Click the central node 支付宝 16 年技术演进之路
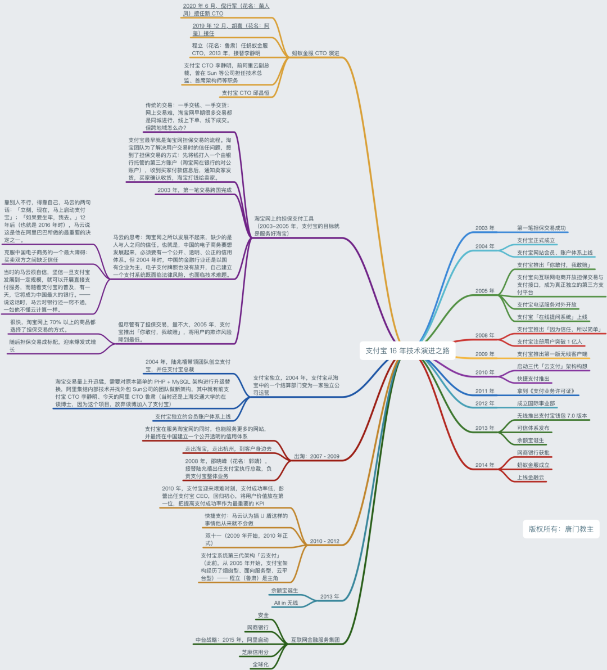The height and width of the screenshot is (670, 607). coord(407,350)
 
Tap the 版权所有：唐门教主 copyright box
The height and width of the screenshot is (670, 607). coord(561,529)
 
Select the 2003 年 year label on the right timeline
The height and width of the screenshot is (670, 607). coord(485,228)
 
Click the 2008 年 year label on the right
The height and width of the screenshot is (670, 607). coord(485,335)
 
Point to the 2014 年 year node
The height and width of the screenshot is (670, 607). coord(485,465)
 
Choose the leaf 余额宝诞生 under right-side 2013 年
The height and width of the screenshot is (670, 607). coord(531,440)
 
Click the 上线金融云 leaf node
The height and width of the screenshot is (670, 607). coord(531,477)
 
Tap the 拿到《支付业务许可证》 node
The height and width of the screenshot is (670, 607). coord(546,391)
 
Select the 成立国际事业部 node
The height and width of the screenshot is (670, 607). coord(536,403)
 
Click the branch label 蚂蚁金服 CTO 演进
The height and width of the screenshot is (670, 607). coord(315,53)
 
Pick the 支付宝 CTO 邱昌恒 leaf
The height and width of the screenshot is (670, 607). coord(246,93)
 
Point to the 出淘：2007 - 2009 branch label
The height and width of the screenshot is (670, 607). coord(317,456)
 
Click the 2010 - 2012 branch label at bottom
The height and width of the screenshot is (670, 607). coord(325,541)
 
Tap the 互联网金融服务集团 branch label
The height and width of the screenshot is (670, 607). coord(315,640)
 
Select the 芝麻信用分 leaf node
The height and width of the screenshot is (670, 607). coord(255,652)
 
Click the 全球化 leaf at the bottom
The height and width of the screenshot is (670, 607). coord(260,664)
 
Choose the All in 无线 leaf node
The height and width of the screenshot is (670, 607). coord(286,602)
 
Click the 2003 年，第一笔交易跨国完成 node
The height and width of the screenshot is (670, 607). coord(194,190)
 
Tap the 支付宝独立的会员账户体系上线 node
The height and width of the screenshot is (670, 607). coord(193,417)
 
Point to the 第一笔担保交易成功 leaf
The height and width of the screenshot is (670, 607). coord(541,228)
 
